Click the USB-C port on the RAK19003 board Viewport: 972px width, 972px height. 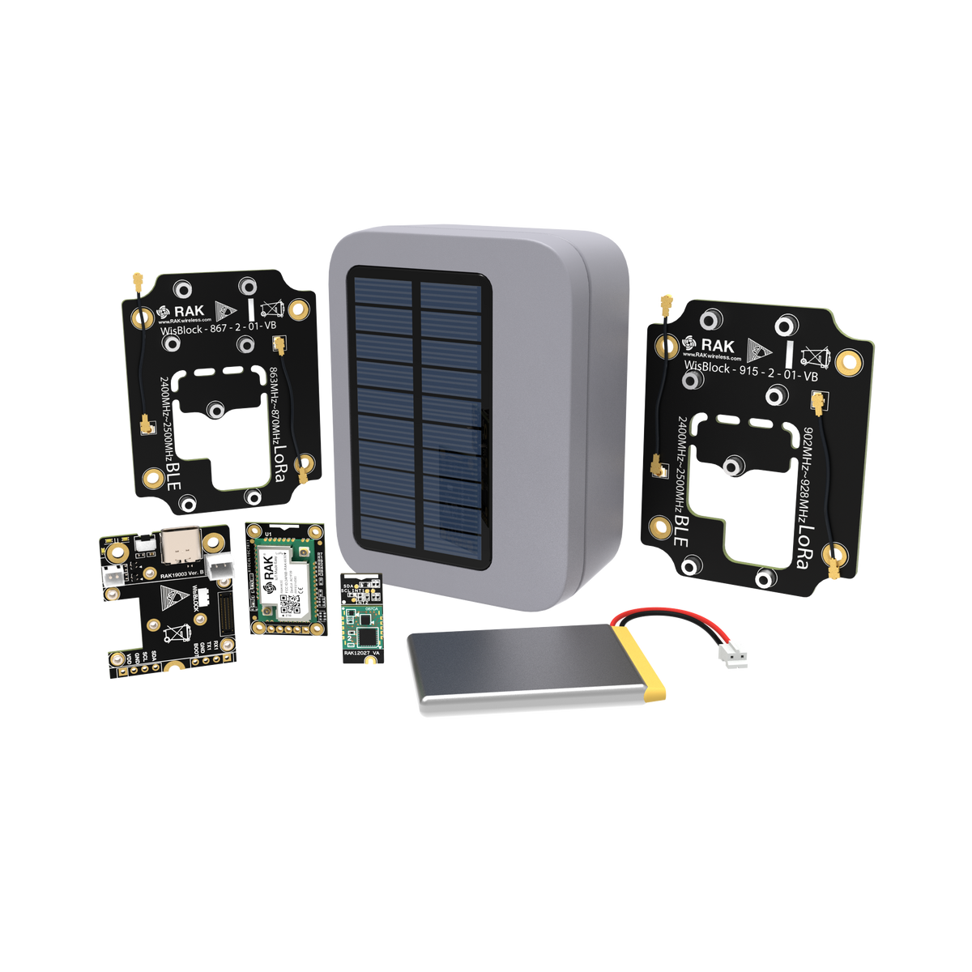pos(179,547)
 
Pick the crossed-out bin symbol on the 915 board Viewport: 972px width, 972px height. pos(812,353)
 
